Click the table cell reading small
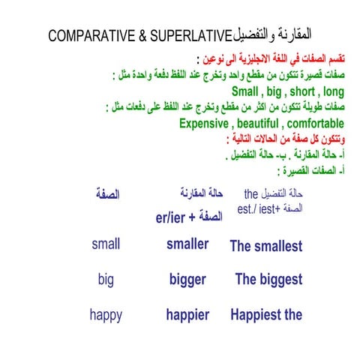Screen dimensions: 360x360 pyautogui.click(x=106, y=244)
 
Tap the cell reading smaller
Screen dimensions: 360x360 pyautogui.click(x=187, y=244)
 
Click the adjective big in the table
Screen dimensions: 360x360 pyautogui.click(x=106, y=280)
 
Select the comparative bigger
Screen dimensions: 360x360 pyautogui.click(x=187, y=280)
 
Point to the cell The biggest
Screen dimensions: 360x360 pyautogui.click(x=268, y=280)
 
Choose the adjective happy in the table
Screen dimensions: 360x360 pyautogui.click(x=106, y=315)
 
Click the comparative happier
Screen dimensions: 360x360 pyautogui.click(x=187, y=315)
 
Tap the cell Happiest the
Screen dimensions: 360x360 pyautogui.click(x=266, y=315)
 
